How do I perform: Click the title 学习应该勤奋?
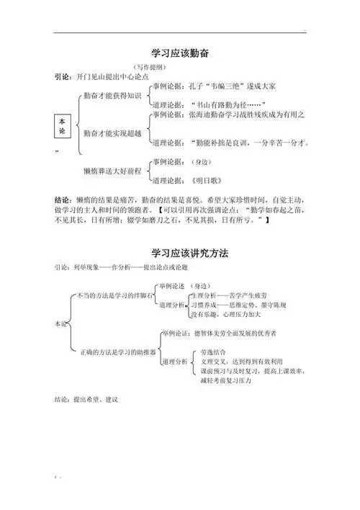pos(180,53)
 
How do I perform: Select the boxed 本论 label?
pos(61,126)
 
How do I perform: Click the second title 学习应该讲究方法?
pos(180,254)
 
